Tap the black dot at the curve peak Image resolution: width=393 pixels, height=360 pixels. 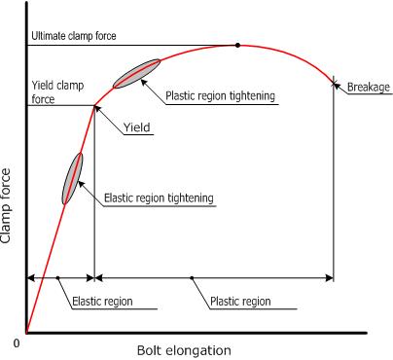pyautogui.click(x=237, y=45)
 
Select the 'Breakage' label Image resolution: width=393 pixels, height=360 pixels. pyautogui.click(x=369, y=87)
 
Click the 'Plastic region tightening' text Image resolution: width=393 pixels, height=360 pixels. pyautogui.click(x=221, y=95)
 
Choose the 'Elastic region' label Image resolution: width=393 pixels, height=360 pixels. pyautogui.click(x=102, y=302)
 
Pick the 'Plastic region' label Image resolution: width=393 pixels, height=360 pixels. pyautogui.click(x=240, y=302)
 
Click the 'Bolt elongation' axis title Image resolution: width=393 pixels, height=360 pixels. pyautogui.click(x=185, y=349)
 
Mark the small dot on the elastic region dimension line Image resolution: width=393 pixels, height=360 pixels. pyautogui.click(x=58, y=278)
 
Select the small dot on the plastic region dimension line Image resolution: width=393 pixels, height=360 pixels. pyautogui.click(x=193, y=278)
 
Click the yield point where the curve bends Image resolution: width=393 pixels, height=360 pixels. pyautogui.click(x=94, y=105)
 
